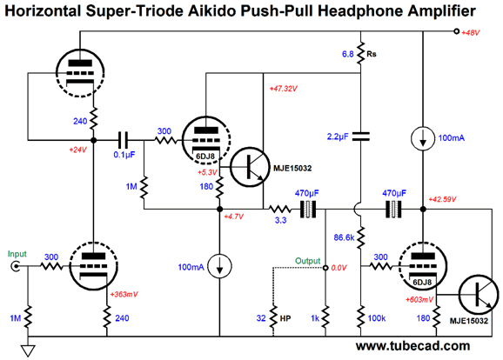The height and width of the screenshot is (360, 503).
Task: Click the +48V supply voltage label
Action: [470, 33]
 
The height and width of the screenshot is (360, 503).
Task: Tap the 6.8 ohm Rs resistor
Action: [361, 54]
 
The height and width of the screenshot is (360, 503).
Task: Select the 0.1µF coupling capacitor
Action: [123, 140]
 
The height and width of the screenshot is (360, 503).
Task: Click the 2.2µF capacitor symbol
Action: [361, 137]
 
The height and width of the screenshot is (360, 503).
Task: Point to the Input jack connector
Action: [16, 266]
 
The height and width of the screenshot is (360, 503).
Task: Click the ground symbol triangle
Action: [28, 350]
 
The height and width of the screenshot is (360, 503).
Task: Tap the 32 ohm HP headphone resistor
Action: [273, 318]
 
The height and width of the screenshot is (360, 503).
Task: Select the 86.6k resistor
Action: [361, 238]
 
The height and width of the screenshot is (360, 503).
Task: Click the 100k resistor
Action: [361, 318]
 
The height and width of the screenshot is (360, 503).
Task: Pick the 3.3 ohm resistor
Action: [280, 210]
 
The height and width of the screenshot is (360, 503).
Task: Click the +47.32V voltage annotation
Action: [283, 89]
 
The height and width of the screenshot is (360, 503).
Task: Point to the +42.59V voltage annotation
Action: [442, 199]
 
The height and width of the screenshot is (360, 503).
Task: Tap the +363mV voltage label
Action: [124, 294]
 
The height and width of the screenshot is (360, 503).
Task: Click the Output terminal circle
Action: [325, 267]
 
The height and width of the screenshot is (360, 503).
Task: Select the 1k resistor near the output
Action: [325, 318]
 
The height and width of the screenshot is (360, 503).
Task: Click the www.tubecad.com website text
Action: [412, 346]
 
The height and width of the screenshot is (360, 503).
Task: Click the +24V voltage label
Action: [78, 150]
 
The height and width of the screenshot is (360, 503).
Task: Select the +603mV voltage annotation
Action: [419, 300]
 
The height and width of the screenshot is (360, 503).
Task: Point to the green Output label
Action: [308, 261]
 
